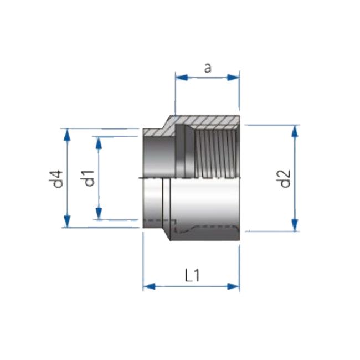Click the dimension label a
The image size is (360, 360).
[207, 68]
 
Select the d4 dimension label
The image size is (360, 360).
[56, 179]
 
